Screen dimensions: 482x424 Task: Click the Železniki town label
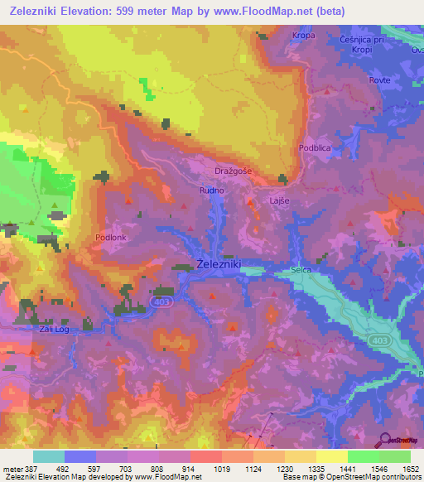pyautogui.click(x=219, y=263)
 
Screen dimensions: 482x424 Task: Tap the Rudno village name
pyautogui.click(x=210, y=189)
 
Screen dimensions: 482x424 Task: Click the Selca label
pyautogui.click(x=303, y=270)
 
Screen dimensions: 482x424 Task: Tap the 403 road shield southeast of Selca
pyautogui.click(x=379, y=341)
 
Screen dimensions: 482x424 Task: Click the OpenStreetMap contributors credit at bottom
pyautogui.click(x=372, y=478)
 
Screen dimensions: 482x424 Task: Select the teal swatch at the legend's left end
pyautogui.click(x=49, y=456)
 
